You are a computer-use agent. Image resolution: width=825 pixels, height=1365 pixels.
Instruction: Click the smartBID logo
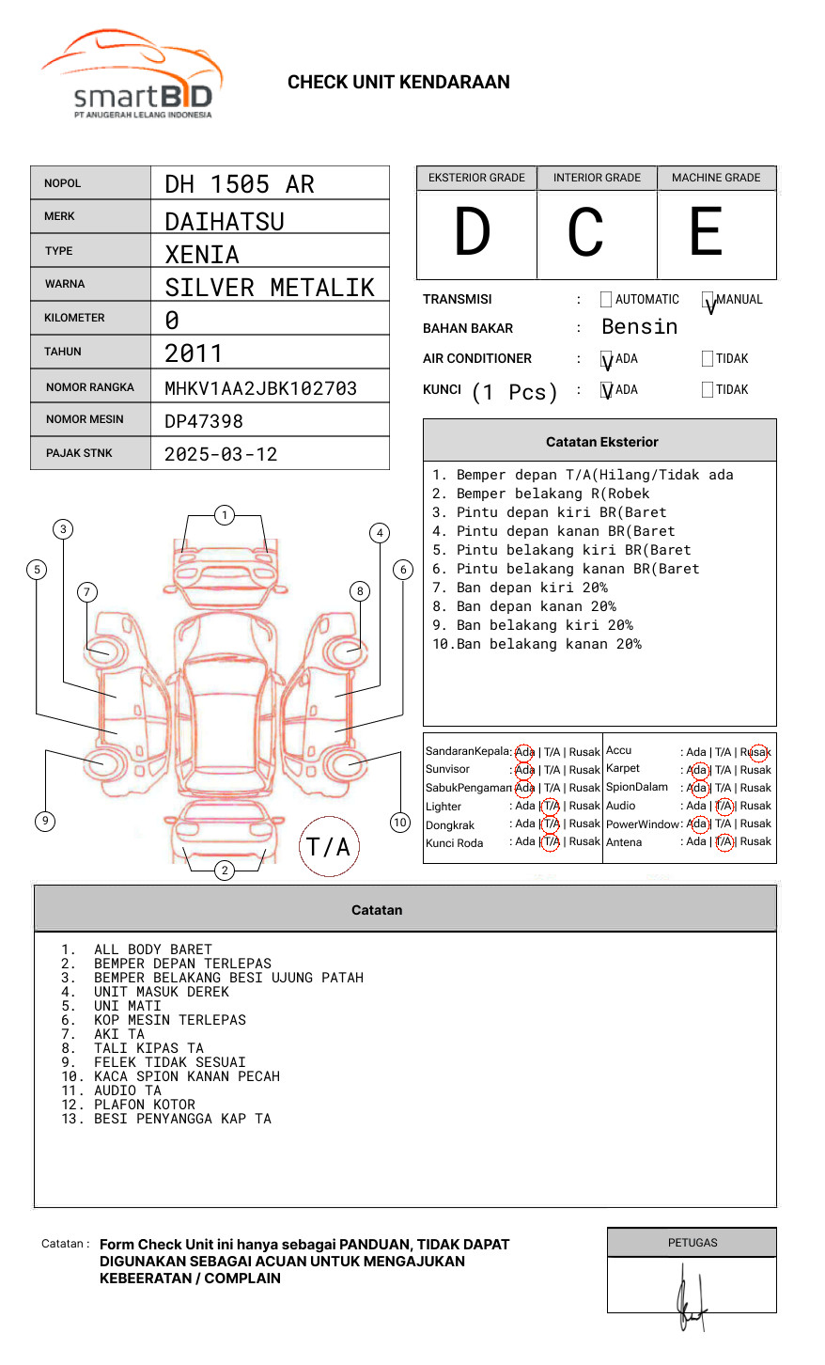click(x=132, y=75)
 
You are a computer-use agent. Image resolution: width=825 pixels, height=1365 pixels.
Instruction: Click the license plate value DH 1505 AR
click(x=240, y=184)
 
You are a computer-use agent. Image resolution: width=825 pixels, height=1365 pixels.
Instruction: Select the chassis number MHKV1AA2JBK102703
click(x=260, y=388)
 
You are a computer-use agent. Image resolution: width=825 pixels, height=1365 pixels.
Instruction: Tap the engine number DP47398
click(x=204, y=421)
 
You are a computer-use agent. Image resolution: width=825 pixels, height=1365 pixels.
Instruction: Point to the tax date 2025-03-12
click(x=221, y=454)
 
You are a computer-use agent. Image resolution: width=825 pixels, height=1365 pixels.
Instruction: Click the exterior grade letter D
click(x=473, y=233)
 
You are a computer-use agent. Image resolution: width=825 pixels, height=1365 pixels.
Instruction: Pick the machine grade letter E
click(x=706, y=233)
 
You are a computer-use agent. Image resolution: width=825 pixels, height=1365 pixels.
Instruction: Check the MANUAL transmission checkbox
click(x=708, y=300)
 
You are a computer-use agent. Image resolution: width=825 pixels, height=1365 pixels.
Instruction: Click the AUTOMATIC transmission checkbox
click(x=606, y=300)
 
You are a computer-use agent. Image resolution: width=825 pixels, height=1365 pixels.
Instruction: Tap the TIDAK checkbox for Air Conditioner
click(x=708, y=359)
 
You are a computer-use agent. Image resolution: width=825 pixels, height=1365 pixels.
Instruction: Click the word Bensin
click(x=639, y=327)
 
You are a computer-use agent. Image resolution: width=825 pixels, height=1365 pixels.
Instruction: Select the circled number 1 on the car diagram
click(x=224, y=514)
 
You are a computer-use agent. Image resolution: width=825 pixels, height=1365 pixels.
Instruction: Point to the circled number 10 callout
click(x=400, y=823)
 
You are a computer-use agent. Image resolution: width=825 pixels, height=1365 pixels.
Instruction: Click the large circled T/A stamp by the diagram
click(x=329, y=846)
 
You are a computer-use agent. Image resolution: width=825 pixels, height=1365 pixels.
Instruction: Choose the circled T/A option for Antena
click(x=724, y=841)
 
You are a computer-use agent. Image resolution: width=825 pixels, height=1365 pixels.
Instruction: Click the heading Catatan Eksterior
click(x=601, y=442)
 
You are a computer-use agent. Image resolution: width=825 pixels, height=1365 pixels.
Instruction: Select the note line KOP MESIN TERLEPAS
click(x=170, y=1020)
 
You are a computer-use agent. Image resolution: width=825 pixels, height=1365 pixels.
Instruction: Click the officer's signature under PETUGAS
click(x=690, y=1297)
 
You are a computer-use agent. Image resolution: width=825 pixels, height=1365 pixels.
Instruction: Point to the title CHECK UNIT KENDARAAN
click(x=398, y=83)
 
